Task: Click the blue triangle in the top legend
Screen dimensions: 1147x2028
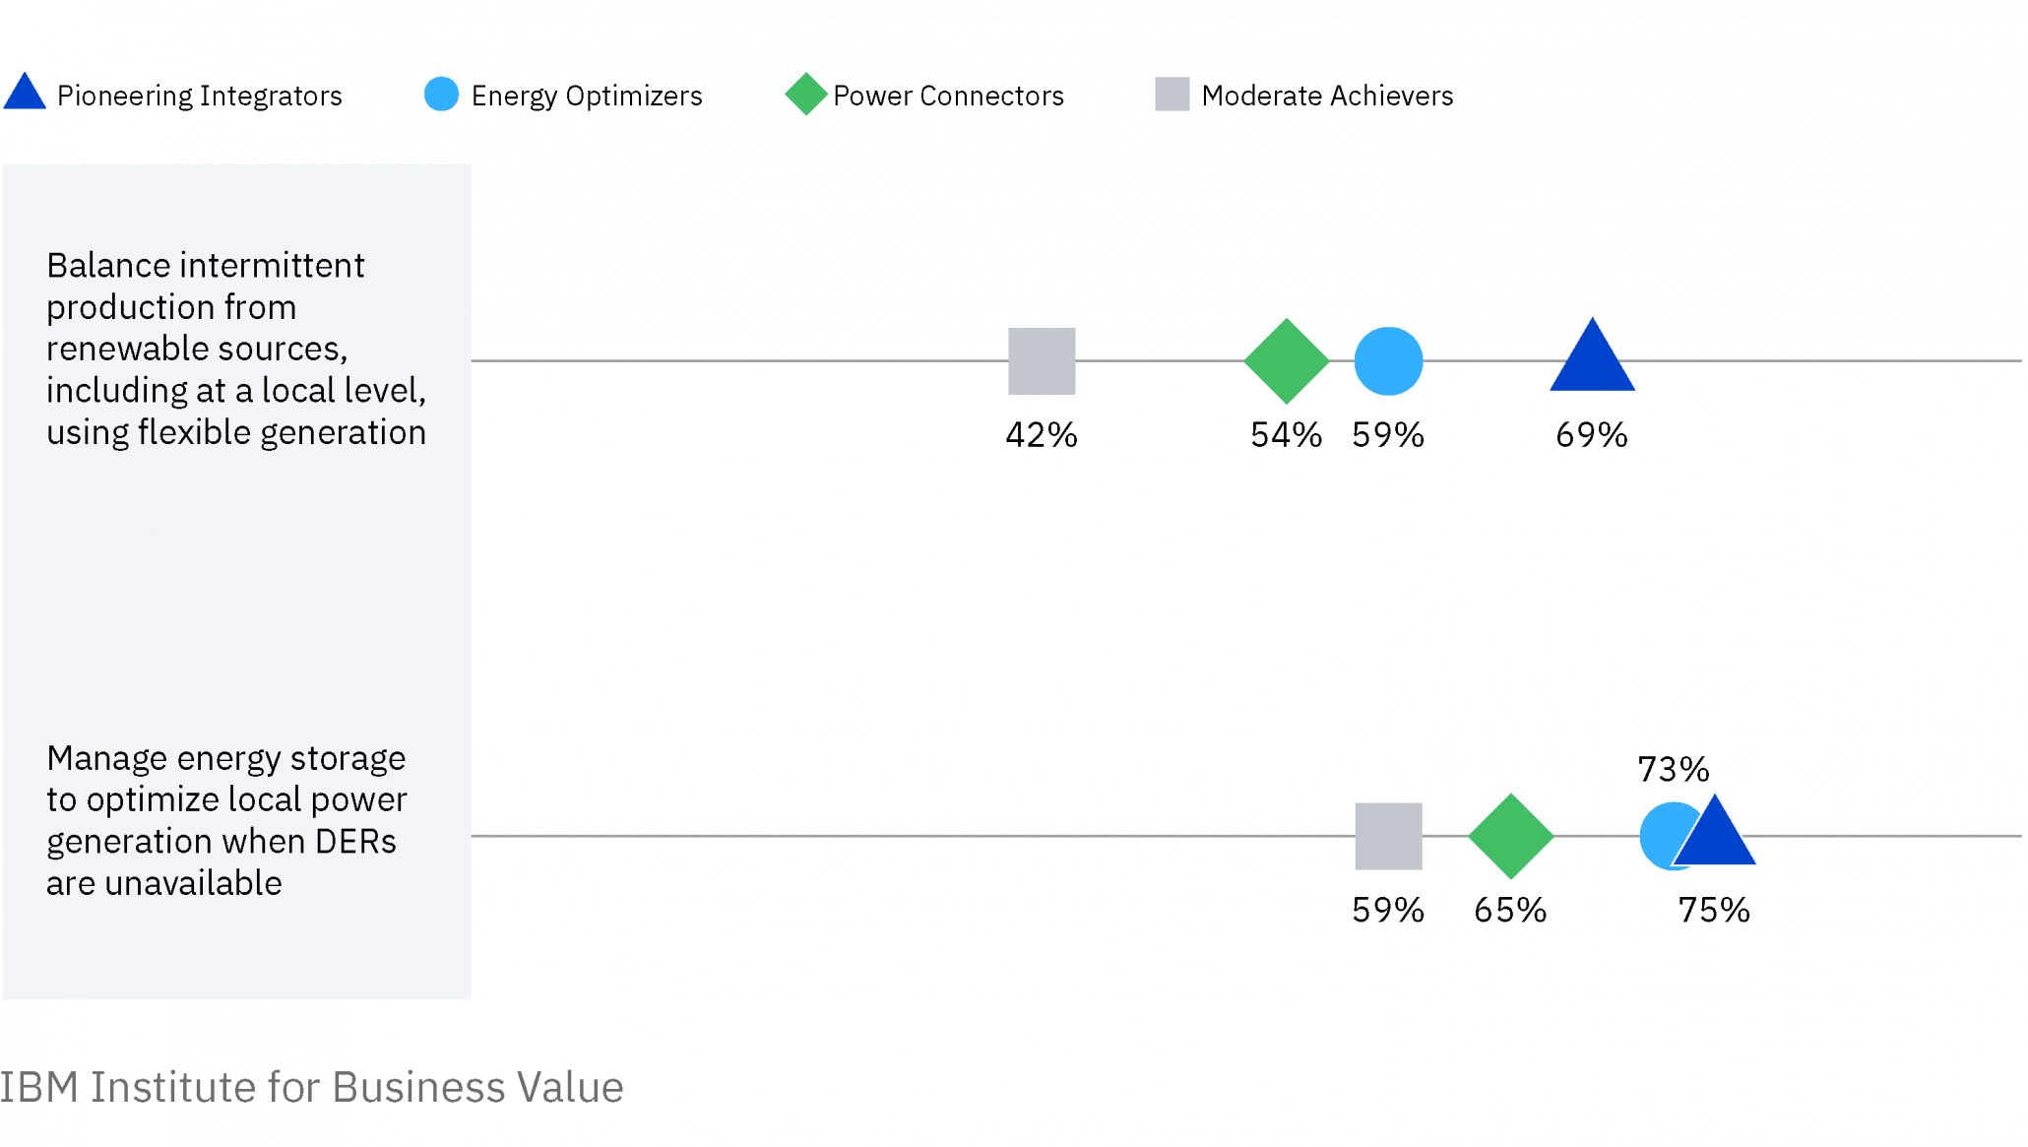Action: point(25,94)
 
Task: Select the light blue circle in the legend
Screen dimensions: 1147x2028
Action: point(441,94)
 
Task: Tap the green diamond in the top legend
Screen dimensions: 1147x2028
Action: point(806,94)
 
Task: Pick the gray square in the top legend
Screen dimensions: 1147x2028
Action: point(1172,94)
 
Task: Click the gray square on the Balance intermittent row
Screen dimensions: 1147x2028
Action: point(1042,360)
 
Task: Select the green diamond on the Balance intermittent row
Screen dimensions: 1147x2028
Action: point(1286,361)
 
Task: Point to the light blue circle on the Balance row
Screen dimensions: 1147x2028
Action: point(1388,361)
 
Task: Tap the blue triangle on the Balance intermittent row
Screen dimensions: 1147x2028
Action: point(1592,359)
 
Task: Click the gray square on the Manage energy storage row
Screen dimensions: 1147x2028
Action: point(1388,836)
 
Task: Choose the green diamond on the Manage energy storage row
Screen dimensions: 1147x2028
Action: point(1510,836)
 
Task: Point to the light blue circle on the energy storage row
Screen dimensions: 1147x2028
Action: point(1659,836)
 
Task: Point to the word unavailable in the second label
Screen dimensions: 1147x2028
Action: point(193,883)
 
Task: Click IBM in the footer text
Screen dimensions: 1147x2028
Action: point(39,1088)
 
